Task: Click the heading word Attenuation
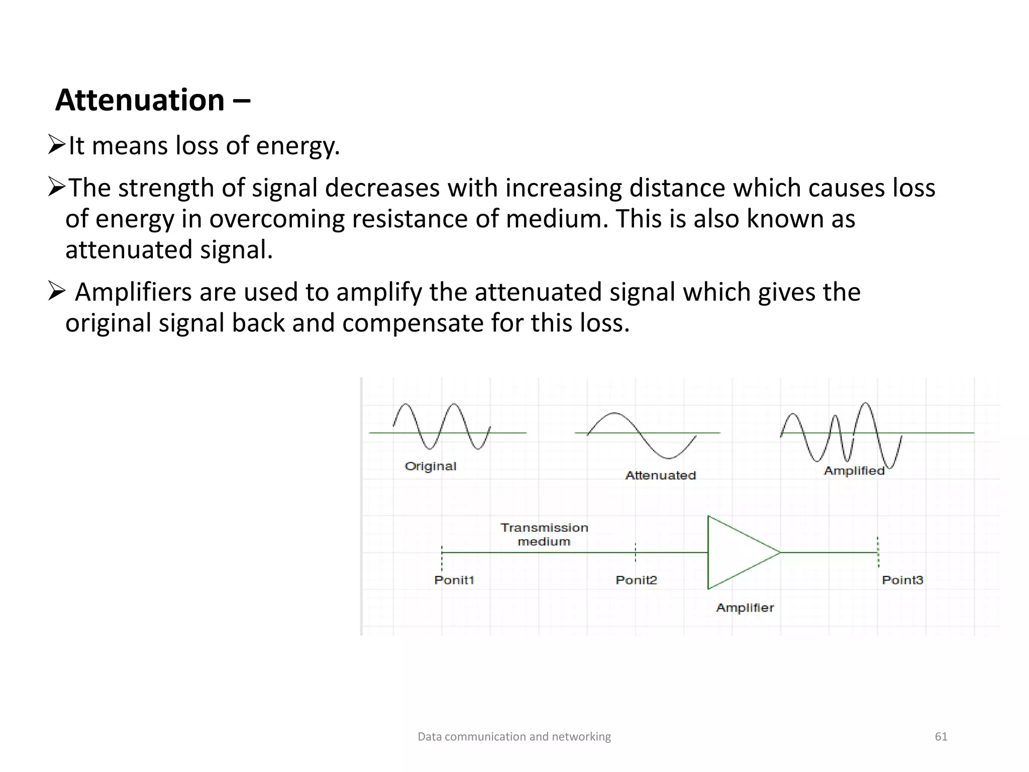tap(140, 100)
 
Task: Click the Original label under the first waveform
tap(431, 466)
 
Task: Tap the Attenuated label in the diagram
tap(660, 475)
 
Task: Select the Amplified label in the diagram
tap(854, 471)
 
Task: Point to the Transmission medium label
tap(544, 534)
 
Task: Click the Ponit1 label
tap(454, 580)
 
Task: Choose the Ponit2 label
tap(636, 580)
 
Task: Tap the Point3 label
tap(902, 580)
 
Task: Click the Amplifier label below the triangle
tap(745, 608)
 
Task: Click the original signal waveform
tap(441, 426)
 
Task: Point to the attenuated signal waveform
tap(641, 435)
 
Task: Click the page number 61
tap(941, 737)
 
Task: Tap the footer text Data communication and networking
tap(514, 737)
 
